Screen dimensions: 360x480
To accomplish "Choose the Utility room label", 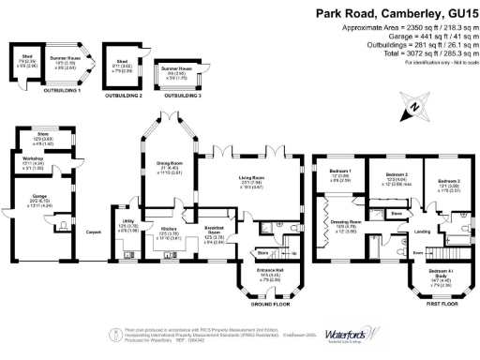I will point(127,222).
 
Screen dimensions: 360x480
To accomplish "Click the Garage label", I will point(40,197).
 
